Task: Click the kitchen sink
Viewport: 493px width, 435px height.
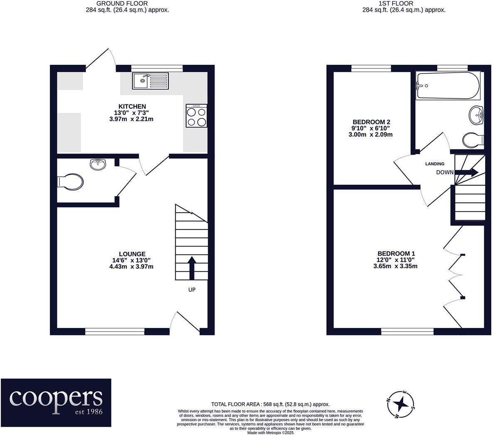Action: click(150, 81)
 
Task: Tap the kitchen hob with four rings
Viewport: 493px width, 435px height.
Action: click(197, 116)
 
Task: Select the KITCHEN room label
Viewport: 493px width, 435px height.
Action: click(132, 106)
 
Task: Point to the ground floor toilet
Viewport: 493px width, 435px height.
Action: click(70, 182)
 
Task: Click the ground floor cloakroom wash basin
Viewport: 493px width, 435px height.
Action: click(98, 164)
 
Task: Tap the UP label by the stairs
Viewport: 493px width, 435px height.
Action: click(192, 290)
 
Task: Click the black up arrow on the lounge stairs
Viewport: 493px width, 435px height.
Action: click(192, 268)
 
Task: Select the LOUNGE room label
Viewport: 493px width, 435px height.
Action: click(132, 254)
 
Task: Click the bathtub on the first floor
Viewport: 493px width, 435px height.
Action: click(448, 86)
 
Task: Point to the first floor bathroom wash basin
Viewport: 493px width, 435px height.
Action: click(476, 115)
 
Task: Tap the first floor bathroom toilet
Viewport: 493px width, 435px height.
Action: click(473, 140)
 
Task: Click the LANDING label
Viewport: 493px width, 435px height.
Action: click(435, 164)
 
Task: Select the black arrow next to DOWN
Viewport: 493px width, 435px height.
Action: click(466, 172)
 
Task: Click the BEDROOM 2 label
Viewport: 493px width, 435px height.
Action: click(371, 122)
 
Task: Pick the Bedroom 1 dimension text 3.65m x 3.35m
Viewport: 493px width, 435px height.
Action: click(396, 266)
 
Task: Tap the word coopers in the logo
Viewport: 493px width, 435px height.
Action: click(56, 398)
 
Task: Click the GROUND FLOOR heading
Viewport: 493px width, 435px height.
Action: click(122, 3)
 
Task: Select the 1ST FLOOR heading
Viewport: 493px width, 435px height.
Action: click(396, 3)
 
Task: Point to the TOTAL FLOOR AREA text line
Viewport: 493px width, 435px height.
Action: click(270, 404)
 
